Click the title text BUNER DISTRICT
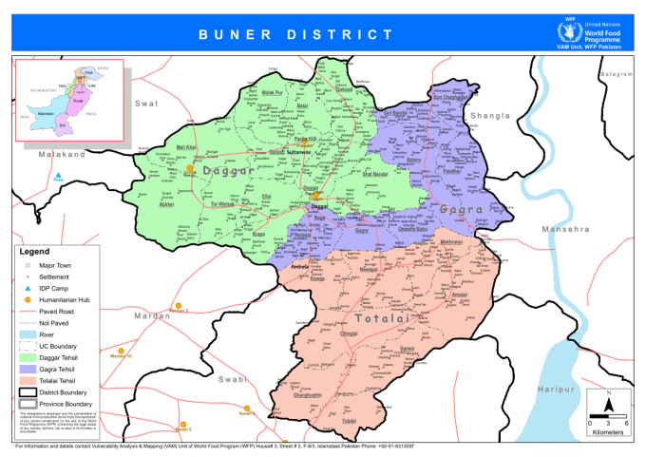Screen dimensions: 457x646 pos(295,34)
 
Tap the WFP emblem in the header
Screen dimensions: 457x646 pos(566,32)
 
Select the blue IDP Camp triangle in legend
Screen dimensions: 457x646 pos(28,288)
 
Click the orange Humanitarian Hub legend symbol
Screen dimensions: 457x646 pos(28,299)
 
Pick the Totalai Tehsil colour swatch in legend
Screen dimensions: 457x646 pos(28,380)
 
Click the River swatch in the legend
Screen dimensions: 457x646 pos(28,334)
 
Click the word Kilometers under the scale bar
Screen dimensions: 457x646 pos(608,431)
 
